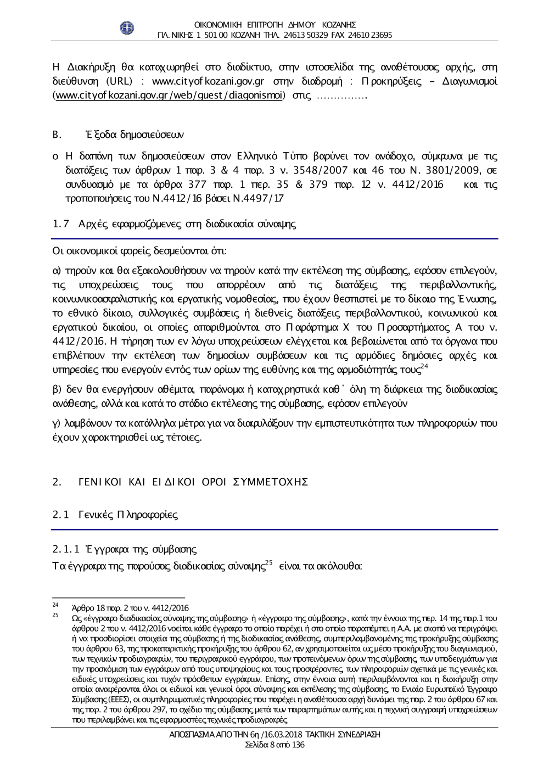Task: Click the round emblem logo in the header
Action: tap(127, 27)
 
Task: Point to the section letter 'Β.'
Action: tap(55, 135)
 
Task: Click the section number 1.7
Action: tap(60, 223)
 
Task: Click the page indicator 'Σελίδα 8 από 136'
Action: tap(274, 745)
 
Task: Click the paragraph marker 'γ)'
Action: tap(57, 423)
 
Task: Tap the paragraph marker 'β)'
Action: tap(57, 390)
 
